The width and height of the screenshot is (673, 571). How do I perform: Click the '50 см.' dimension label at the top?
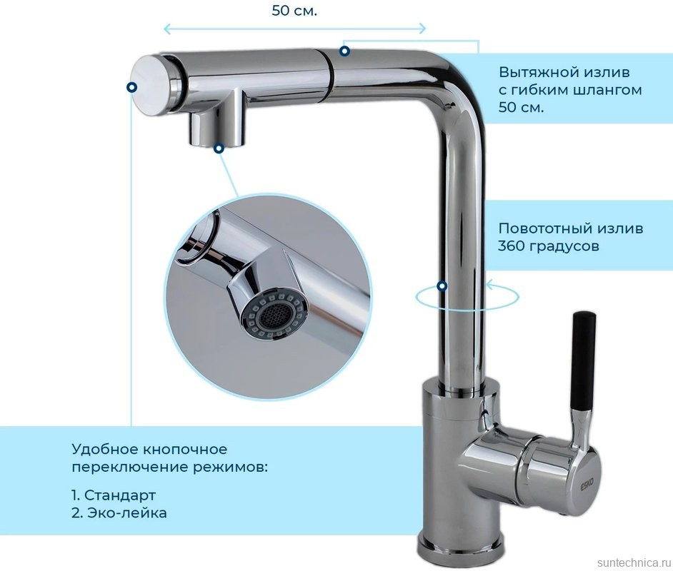coord(294,11)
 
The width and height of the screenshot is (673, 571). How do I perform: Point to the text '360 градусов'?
coord(548,246)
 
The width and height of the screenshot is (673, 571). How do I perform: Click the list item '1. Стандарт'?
coord(114,495)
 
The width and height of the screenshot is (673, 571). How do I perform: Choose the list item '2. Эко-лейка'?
coord(119,512)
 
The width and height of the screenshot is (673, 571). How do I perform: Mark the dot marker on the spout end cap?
coord(131,87)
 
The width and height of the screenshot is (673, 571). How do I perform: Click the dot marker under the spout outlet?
coord(219,148)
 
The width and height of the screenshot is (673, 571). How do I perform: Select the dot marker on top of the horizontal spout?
coord(344,51)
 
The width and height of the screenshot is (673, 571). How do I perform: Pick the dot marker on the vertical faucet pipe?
coord(442,285)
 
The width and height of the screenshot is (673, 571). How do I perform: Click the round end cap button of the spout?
coord(149,84)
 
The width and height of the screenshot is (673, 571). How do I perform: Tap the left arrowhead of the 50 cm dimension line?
coord(167,29)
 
